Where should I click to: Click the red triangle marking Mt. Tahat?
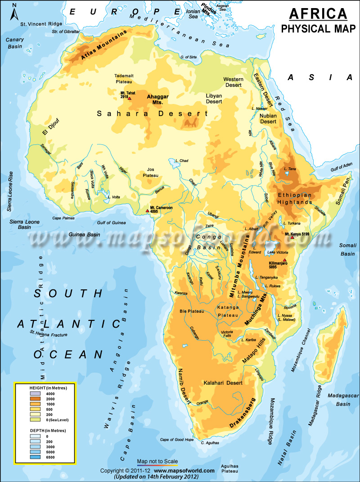[x=130, y=98]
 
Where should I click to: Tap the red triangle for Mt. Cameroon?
[x=147, y=210]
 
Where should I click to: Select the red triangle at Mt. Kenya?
[x=292, y=237]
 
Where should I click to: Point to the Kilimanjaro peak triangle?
[x=284, y=260]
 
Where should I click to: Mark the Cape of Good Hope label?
[x=177, y=440]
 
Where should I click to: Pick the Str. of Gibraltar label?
[x=66, y=32]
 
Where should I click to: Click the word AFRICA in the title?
[x=318, y=14]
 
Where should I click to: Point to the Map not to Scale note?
[x=157, y=461]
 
